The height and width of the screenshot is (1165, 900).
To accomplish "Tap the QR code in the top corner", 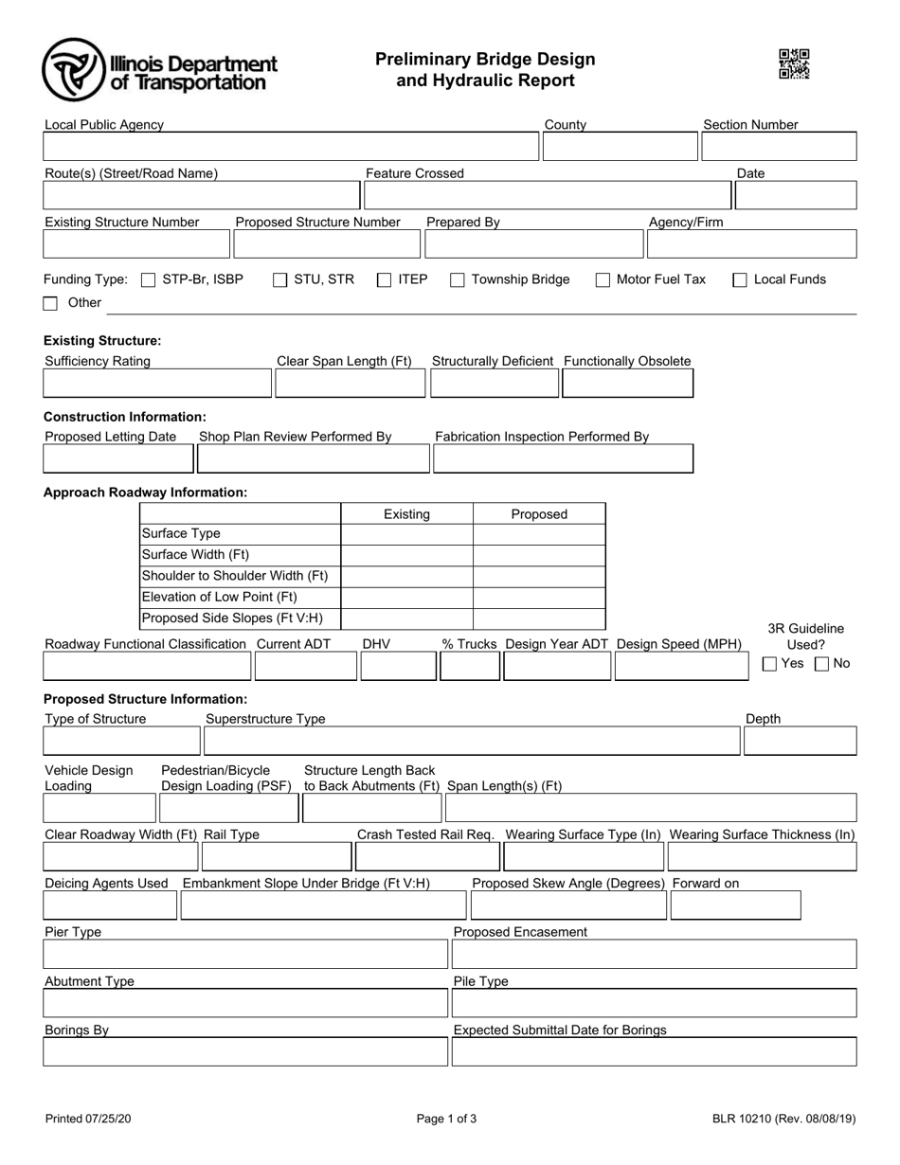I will (x=794, y=64).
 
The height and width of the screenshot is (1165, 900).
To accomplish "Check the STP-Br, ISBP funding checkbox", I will (x=148, y=280).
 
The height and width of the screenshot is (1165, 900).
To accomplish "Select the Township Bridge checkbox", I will (x=457, y=280).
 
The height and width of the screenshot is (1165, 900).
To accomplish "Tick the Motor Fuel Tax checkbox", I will (x=603, y=280).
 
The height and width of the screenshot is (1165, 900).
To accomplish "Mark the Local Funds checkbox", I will (x=740, y=280).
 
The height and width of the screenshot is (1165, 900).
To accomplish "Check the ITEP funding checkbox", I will (x=384, y=280).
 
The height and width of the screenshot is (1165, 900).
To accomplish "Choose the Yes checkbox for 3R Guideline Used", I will (x=770, y=664).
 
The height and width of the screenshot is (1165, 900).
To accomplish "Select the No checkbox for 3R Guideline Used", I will (x=822, y=664).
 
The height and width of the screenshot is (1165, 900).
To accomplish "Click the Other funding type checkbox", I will (x=51, y=304).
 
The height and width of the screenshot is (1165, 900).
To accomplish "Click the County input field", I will (x=619, y=147).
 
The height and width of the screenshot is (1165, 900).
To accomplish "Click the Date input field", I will (x=796, y=195).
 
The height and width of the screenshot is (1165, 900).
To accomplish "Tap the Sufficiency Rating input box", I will (x=157, y=384).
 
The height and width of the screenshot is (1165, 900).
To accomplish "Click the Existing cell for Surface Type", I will (x=406, y=534).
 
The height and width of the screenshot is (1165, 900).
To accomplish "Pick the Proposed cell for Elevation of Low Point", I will (x=538, y=597).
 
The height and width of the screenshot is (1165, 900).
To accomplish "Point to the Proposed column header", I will (x=538, y=514).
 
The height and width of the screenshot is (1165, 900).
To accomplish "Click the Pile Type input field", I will (x=654, y=1003).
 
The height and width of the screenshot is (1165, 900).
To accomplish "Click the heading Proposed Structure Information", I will (x=145, y=699).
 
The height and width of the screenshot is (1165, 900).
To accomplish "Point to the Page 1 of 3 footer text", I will (x=446, y=1119).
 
